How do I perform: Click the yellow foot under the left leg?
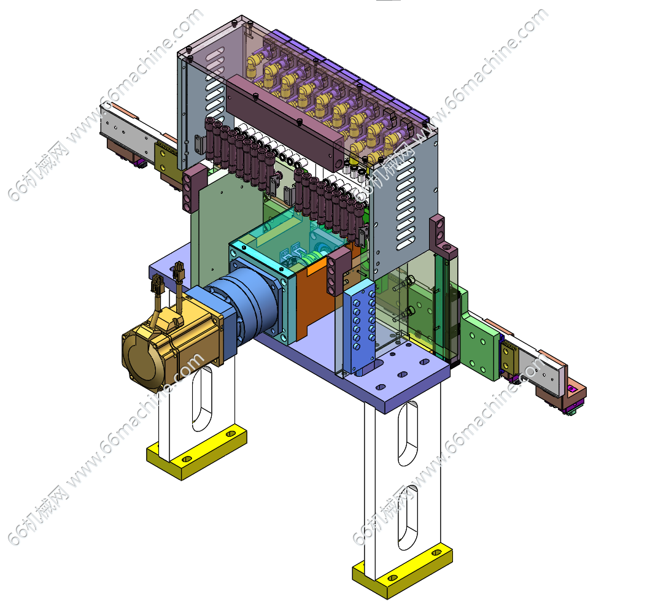pos(197,453)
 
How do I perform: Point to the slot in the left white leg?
pos(203,398)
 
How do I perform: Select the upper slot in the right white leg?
pos(408,433)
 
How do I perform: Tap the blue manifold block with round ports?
pos(359,326)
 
